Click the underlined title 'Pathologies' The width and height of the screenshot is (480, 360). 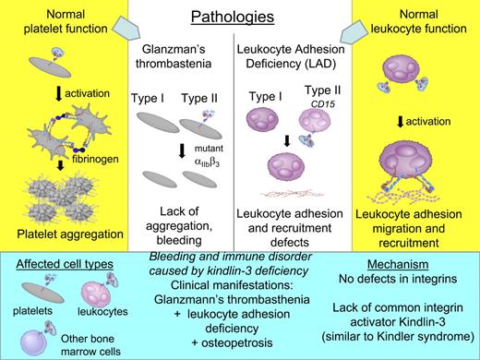pyautogui.click(x=239, y=18)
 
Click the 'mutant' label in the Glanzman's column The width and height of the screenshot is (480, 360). pyautogui.click(x=222, y=147)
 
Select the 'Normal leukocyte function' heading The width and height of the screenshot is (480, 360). pyautogui.click(x=422, y=24)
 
